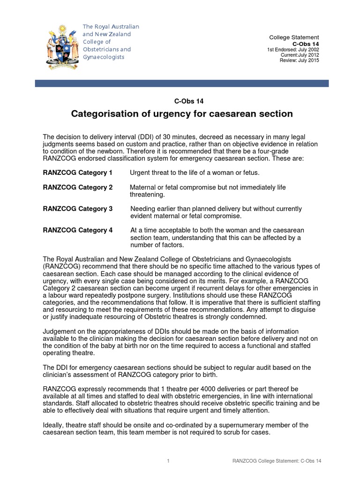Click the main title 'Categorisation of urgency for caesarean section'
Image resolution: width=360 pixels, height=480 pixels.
pos(181,113)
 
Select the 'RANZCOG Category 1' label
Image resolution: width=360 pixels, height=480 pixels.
pos(77,173)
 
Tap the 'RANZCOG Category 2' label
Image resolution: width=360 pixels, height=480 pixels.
pos(77,187)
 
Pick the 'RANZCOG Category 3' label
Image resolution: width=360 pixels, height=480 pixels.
pos(77,209)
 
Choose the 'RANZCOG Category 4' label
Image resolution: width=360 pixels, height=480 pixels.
pos(77,231)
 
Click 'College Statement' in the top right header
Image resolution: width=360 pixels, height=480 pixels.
pos(294,37)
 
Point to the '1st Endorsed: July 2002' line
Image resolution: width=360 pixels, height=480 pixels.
pos(293,50)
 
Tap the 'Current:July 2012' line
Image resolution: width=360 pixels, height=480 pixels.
pos(300,55)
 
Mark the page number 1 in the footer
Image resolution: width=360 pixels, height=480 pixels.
pos(168,462)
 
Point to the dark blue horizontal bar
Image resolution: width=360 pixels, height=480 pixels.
pos(182,83)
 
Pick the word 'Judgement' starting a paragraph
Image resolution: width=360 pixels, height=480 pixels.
pos(59,332)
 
